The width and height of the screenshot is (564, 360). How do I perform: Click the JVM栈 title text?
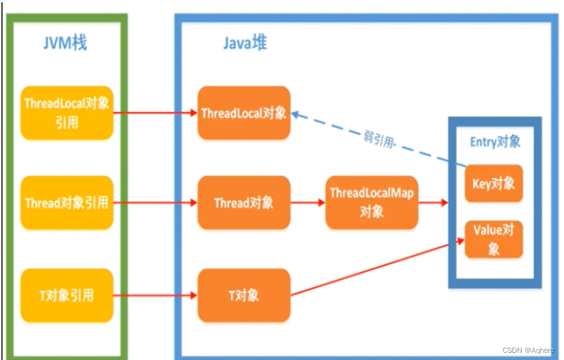(65, 44)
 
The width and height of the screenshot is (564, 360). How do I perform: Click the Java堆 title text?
(245, 44)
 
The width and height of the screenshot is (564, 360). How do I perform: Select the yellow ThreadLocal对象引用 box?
(67, 113)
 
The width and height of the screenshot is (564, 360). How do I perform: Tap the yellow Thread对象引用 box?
(67, 202)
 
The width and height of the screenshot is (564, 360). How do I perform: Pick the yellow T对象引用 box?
(67, 295)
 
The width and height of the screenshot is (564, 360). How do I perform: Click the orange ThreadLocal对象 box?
(244, 113)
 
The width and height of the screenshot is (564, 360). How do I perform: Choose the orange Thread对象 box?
(244, 202)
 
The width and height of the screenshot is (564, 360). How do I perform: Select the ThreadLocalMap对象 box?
(371, 202)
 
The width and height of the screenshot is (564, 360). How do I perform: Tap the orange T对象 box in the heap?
(244, 295)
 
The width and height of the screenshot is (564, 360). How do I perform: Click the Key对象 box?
(494, 183)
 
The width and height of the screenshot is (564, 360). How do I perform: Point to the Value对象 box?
(494, 239)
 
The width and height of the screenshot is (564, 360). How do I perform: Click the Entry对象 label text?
(496, 142)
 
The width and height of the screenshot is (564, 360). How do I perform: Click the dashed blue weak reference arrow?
(417, 147)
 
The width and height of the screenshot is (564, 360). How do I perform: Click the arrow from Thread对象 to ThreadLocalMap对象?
(307, 202)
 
